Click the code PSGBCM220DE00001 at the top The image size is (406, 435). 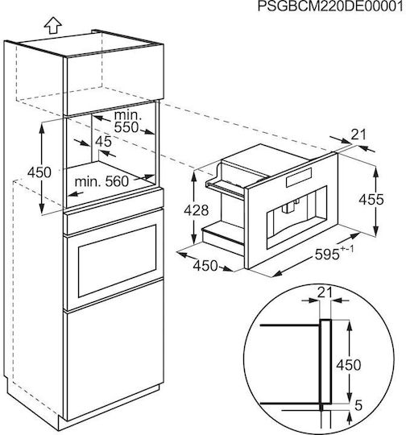point(330,6)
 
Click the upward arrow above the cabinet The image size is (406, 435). point(52,25)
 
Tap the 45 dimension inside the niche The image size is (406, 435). point(103,142)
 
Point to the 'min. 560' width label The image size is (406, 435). point(101,182)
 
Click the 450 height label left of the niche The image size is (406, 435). point(39,172)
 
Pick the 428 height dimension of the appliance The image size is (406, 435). point(197,210)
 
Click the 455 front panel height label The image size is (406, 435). point(371,199)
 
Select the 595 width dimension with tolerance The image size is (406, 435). point(334,253)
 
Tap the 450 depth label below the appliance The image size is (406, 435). point(205,266)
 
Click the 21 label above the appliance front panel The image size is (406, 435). point(358,135)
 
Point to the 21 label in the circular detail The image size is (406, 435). point(325,292)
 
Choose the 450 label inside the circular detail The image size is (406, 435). point(349,365)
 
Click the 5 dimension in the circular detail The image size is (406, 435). point(358,405)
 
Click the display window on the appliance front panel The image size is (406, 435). point(299,177)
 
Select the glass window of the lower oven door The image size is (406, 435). point(117,261)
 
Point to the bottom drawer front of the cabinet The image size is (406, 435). point(114,351)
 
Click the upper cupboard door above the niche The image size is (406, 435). point(114,79)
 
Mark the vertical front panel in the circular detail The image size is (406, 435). point(325,362)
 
